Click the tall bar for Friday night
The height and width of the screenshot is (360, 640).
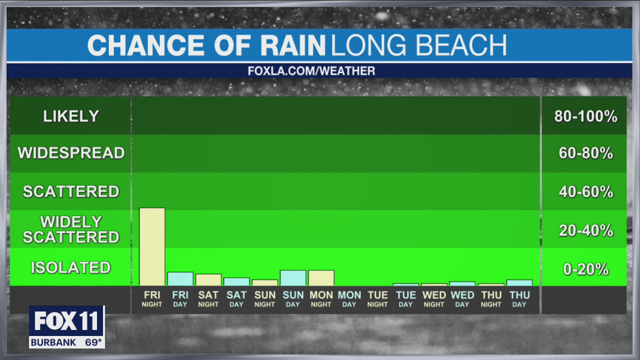point(152,246)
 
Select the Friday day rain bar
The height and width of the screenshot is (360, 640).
point(180,278)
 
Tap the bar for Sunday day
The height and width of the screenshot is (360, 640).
point(293,277)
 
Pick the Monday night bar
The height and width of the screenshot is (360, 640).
point(321,277)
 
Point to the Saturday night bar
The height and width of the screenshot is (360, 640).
point(208,279)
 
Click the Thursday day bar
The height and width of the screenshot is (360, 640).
point(519,282)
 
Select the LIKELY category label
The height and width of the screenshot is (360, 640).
point(70,116)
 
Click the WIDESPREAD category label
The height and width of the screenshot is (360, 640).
point(70,153)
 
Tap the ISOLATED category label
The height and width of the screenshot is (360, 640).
point(70,267)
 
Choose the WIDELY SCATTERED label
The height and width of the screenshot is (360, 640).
point(70,229)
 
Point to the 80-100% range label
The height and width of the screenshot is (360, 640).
point(585,117)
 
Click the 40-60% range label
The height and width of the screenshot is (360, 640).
point(585,192)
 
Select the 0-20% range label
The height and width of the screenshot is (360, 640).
point(585,269)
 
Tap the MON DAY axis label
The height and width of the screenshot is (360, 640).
point(349,299)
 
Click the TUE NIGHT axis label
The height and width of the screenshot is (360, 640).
point(377,299)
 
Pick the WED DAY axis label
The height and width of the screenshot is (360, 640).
point(462,299)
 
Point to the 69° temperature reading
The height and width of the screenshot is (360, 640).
point(93,343)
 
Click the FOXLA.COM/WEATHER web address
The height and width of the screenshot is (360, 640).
point(311,71)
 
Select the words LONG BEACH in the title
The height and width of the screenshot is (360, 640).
point(418,45)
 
